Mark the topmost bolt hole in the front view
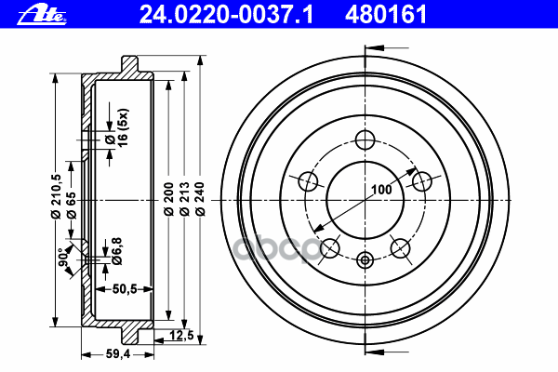click(x=365, y=140)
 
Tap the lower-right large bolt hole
click(x=401, y=247)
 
